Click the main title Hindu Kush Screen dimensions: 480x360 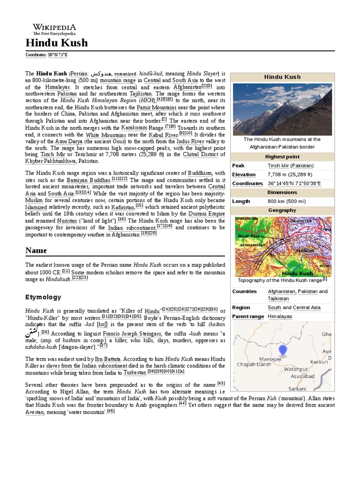56,44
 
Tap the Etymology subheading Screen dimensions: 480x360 43,297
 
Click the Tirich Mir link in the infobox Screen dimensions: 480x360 278,165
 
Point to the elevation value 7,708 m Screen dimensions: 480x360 280,174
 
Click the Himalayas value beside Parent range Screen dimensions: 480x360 279,316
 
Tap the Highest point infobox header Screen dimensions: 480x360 282,157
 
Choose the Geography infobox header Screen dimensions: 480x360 282,210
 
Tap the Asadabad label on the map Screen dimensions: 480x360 302,376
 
